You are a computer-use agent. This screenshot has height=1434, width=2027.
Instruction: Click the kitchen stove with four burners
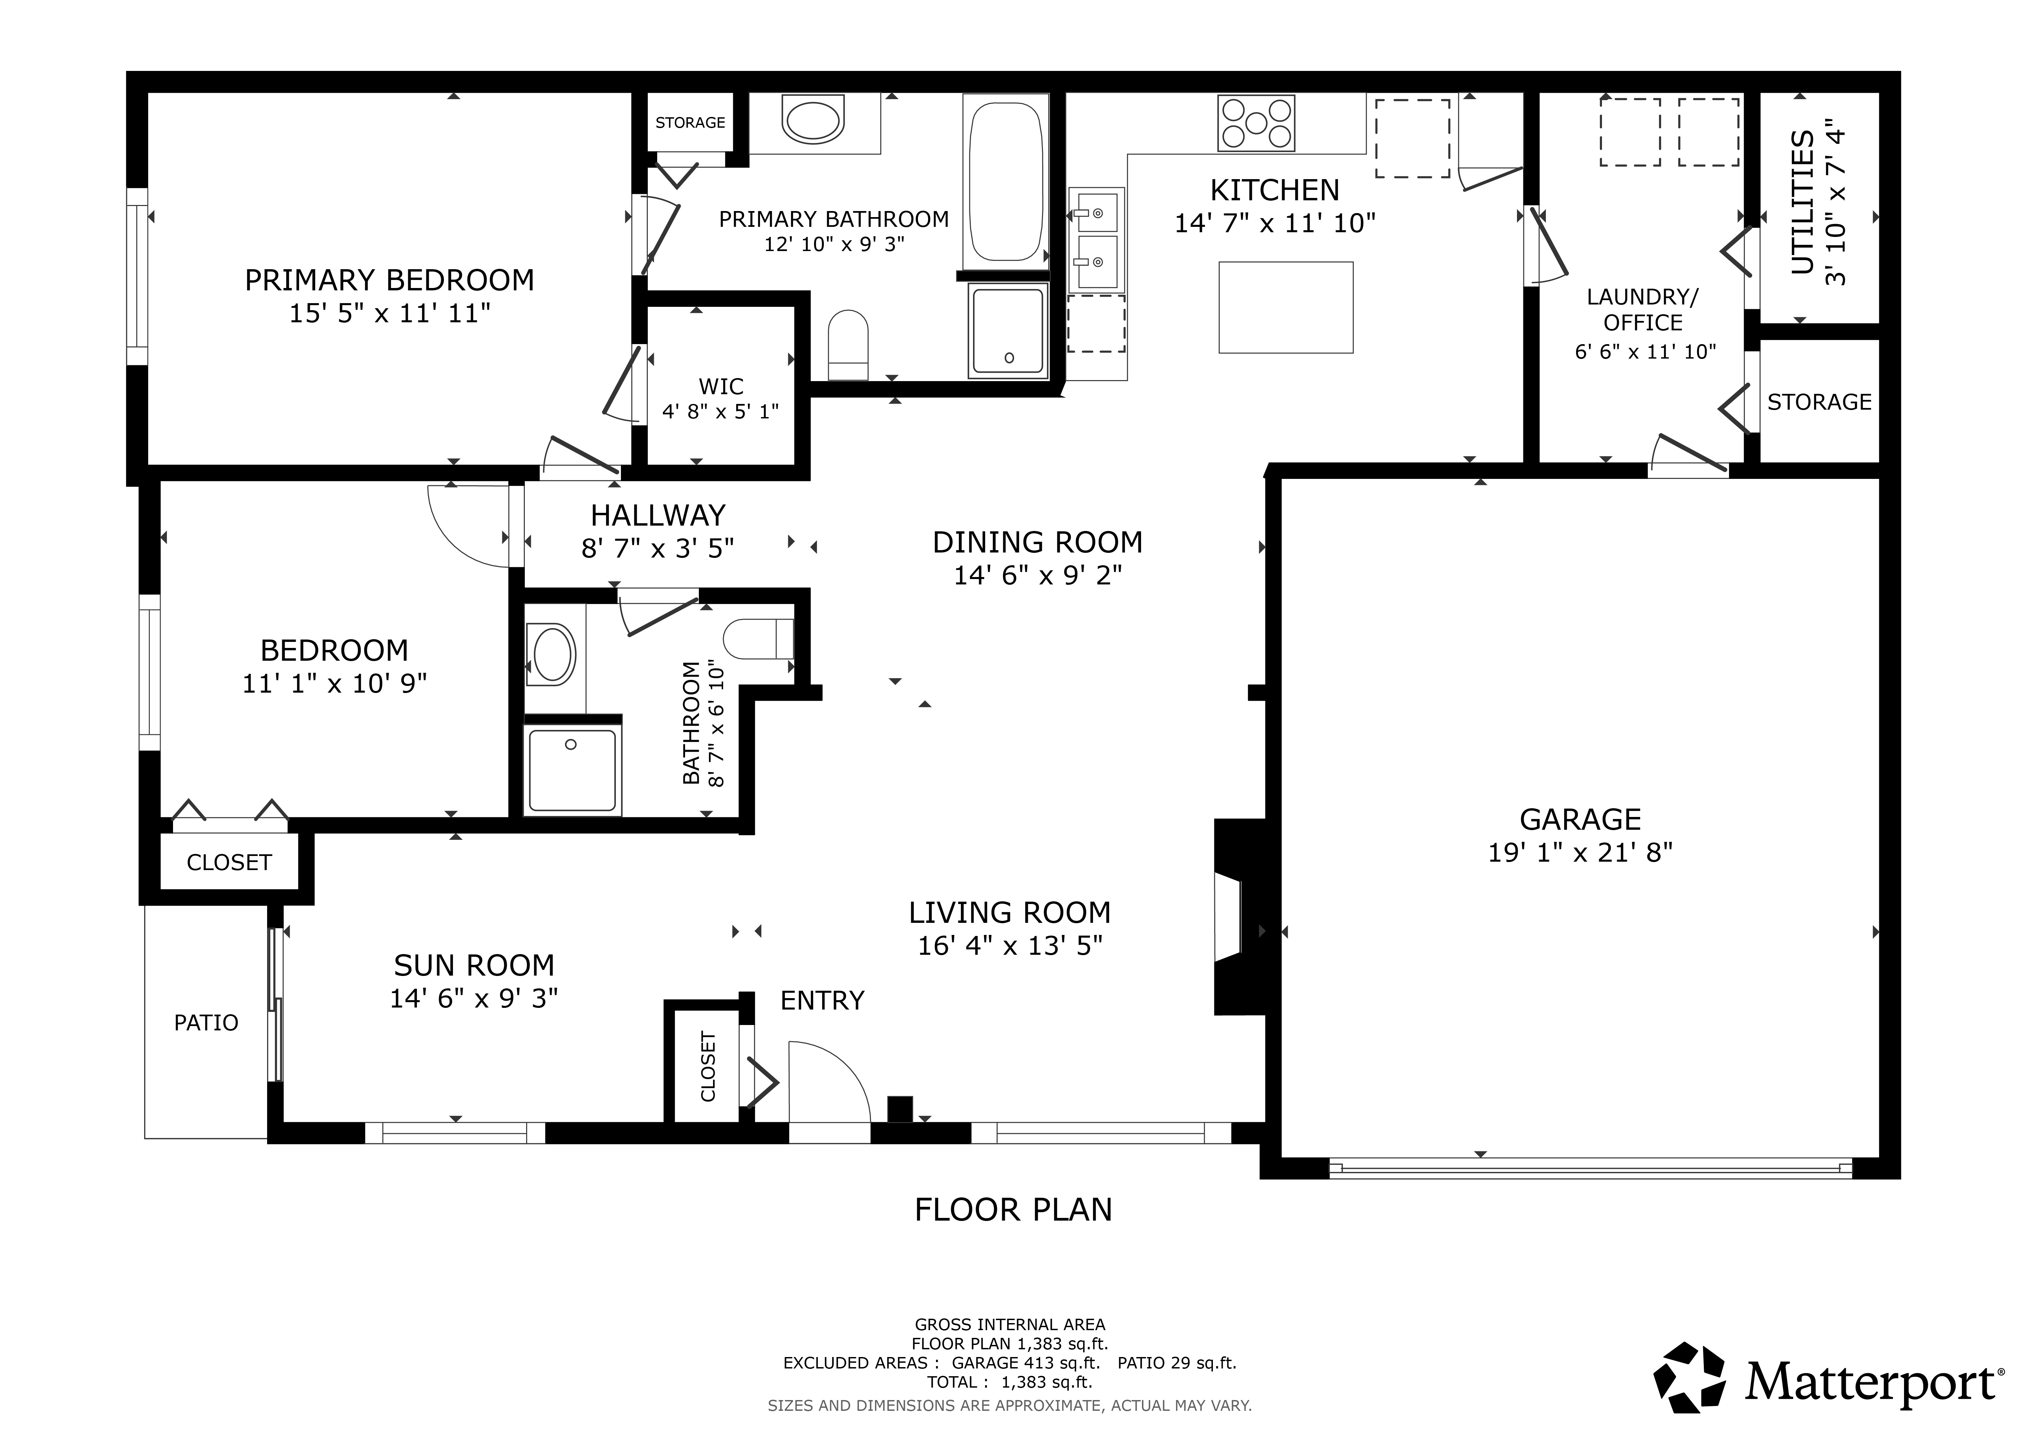click(1256, 123)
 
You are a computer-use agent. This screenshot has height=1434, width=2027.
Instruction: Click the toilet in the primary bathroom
click(848, 345)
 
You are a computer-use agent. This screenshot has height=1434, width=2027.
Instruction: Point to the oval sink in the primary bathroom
click(814, 122)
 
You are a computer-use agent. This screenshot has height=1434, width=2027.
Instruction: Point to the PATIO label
click(206, 1023)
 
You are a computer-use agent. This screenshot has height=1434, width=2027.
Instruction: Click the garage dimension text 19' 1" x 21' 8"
click(1580, 852)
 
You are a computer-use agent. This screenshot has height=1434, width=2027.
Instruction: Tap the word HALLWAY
click(658, 515)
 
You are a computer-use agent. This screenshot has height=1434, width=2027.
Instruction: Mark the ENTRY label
click(822, 1000)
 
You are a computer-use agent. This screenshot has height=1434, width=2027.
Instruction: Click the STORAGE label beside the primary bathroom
click(690, 123)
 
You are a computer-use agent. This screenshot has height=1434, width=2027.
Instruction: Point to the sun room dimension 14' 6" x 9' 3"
click(474, 998)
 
